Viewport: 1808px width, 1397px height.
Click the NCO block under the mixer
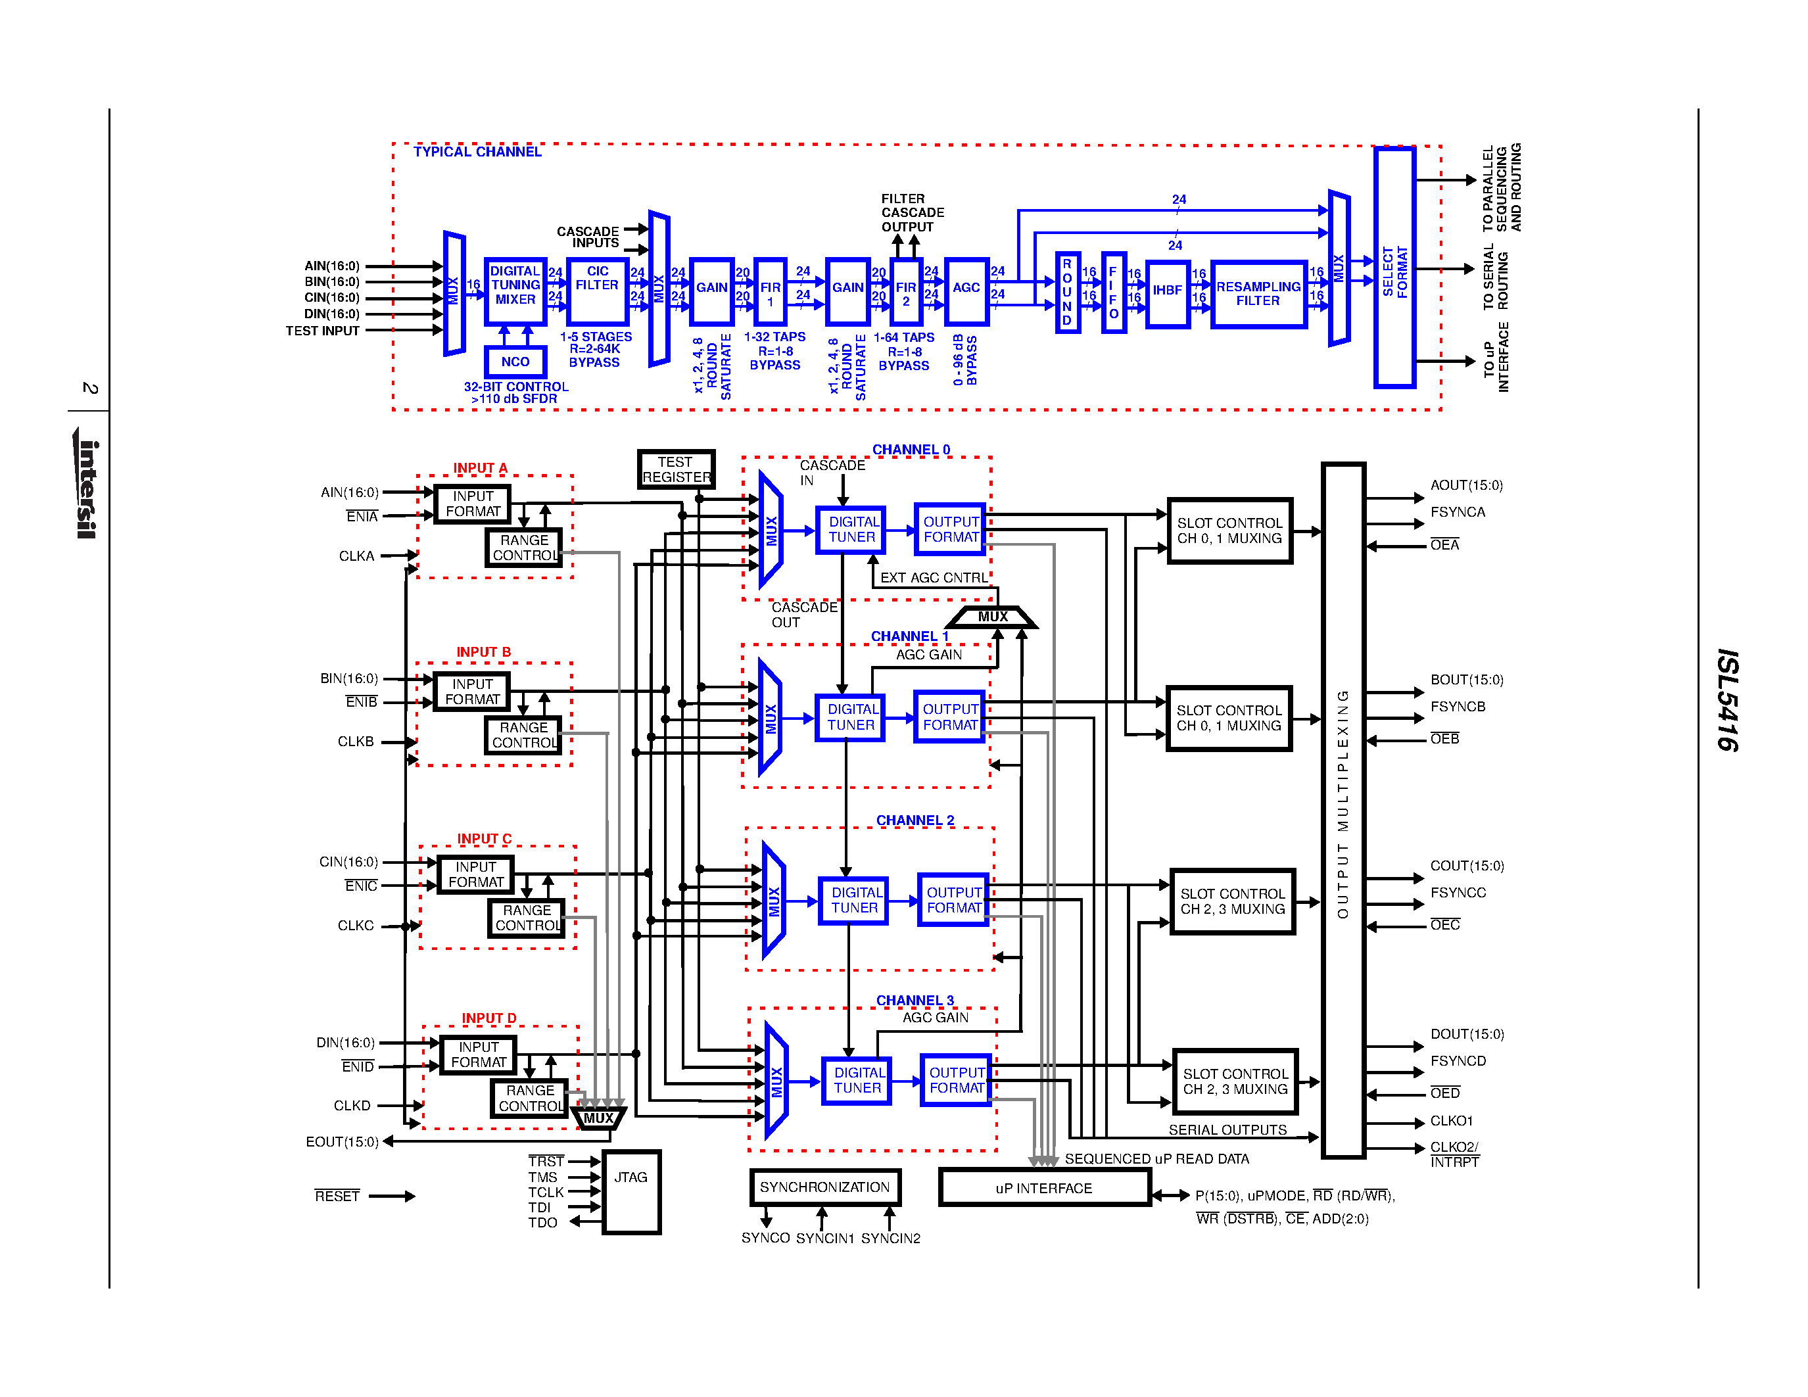click(515, 362)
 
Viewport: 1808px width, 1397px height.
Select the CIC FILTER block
click(597, 291)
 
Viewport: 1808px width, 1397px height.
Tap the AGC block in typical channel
click(965, 290)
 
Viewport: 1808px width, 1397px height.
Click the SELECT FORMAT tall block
click(1394, 266)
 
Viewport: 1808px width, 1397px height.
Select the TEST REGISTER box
click(675, 469)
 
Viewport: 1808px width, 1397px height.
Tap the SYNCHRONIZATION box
click(824, 1187)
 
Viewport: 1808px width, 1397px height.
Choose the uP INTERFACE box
click(1044, 1188)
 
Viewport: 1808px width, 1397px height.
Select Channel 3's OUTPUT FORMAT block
click(956, 1080)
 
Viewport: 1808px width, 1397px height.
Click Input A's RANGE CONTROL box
click(524, 548)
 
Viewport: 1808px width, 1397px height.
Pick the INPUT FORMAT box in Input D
click(479, 1054)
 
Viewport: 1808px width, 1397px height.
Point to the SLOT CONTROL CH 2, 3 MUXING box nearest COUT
click(1232, 901)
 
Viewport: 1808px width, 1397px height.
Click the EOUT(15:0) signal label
click(342, 1141)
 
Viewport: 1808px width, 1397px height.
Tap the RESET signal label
click(337, 1196)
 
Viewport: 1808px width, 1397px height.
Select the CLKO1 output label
click(1451, 1121)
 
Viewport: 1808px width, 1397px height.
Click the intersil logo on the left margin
click(87, 488)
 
